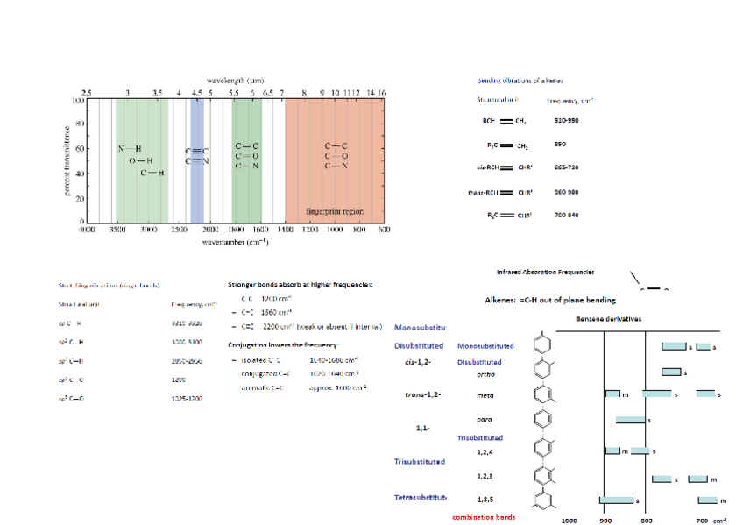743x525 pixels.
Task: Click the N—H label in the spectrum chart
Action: point(130,149)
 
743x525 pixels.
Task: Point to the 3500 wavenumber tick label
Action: point(117,229)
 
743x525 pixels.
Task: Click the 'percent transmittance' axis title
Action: point(67,160)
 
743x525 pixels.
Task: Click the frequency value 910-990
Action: point(566,120)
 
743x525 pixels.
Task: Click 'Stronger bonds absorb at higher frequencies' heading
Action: point(300,285)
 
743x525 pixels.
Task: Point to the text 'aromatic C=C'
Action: point(264,387)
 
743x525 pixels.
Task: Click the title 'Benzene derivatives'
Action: point(608,319)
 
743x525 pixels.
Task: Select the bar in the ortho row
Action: point(671,372)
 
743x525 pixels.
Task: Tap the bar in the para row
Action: point(630,421)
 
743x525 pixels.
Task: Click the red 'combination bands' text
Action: point(484,517)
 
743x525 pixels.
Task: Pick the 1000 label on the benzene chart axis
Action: point(569,520)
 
